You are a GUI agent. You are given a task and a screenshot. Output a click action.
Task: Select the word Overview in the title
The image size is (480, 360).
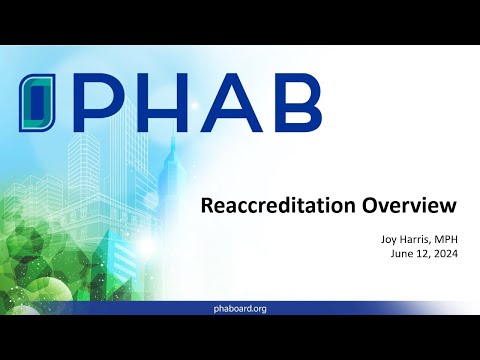pos(410,206)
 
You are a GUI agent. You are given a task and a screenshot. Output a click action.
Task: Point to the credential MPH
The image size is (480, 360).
pos(441,239)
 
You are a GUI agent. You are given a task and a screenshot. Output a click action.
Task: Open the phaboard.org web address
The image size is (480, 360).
pos(240,309)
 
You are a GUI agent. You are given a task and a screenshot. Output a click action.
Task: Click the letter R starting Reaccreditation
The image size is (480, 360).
pos(207,206)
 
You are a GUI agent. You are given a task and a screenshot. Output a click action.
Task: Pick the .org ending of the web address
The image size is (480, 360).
pos(257,309)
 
